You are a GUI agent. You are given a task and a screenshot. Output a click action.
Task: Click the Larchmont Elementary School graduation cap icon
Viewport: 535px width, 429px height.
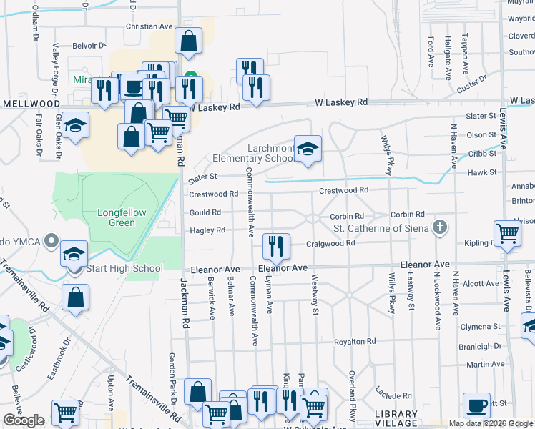[x=308, y=149]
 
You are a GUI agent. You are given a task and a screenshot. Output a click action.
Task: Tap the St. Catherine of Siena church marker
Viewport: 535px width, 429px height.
[x=439, y=228]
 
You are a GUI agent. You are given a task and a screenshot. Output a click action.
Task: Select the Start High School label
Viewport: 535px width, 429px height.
[x=125, y=269]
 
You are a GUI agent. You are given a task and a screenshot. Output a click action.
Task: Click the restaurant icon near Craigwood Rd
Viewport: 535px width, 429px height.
[x=275, y=247]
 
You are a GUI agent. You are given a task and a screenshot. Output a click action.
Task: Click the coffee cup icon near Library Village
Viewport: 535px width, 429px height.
[x=476, y=405]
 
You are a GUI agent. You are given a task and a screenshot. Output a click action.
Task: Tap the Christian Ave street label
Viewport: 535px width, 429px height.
[x=149, y=26]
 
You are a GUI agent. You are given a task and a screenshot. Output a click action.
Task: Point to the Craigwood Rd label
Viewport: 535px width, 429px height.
[x=330, y=243]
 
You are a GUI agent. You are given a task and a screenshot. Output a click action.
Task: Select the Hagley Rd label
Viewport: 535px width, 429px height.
[x=207, y=230]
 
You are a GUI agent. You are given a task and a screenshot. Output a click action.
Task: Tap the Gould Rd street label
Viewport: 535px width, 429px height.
[x=205, y=212]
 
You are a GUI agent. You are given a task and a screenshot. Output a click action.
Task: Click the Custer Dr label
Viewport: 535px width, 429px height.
[x=471, y=84]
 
